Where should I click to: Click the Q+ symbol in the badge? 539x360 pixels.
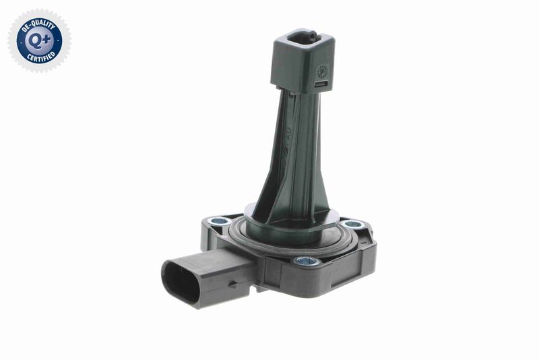39,40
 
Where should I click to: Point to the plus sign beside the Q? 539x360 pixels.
46,38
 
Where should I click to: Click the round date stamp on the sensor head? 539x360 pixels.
323,70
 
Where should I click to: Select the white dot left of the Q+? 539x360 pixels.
21,40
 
